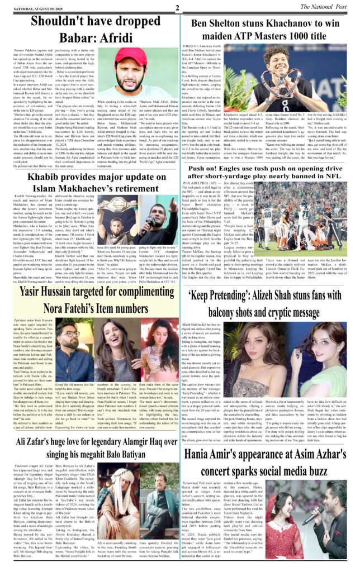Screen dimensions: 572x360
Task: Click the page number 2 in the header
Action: [177, 7]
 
